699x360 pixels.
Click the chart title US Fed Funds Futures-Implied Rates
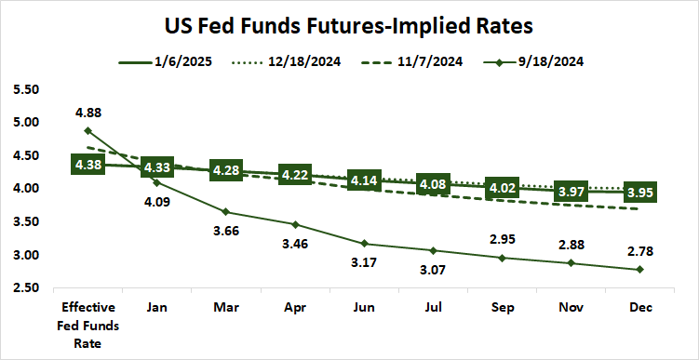click(x=349, y=22)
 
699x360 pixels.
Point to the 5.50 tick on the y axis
click(x=28, y=89)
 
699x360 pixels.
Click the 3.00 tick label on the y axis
click(x=28, y=255)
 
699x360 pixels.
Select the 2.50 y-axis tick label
click(x=28, y=288)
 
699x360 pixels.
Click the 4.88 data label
click(x=87, y=113)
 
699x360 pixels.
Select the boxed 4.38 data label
click(x=87, y=165)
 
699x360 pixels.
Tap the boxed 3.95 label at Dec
click(x=639, y=193)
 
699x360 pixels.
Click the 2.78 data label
click(x=639, y=250)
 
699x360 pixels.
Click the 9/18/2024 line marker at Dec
click(x=639, y=270)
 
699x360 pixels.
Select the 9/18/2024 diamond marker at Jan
click(x=156, y=182)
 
